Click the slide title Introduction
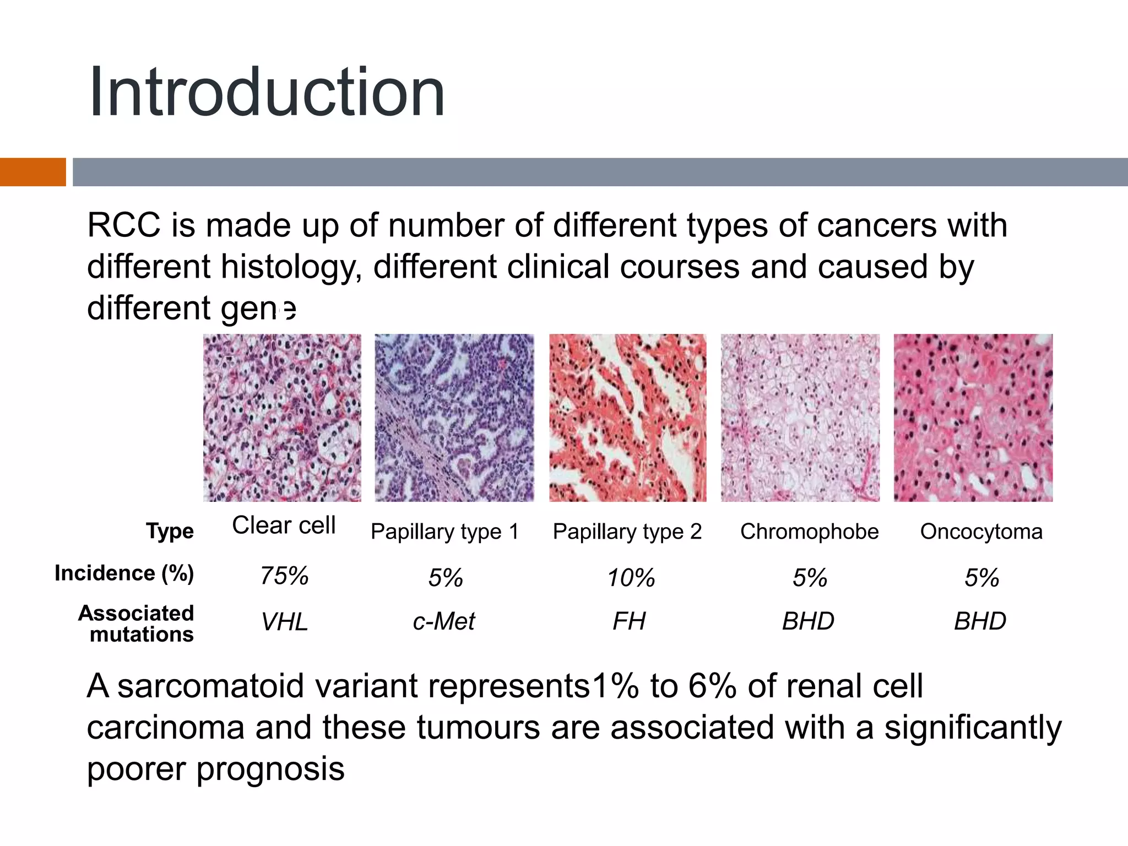[267, 93]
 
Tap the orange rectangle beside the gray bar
[32, 172]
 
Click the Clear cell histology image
[282, 417]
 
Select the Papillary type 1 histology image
[454, 417]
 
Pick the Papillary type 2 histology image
[627, 417]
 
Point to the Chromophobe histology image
[800, 417]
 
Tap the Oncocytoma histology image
[973, 417]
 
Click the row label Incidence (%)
[124, 573]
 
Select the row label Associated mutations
[136, 623]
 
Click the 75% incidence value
[284, 576]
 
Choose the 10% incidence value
[631, 578]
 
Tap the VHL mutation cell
[284, 622]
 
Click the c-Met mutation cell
[444, 621]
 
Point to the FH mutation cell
[629, 621]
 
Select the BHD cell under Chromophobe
[808, 621]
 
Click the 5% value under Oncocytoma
[981, 578]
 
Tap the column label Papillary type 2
[627, 532]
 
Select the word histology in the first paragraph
[291, 267]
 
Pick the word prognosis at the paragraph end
[270, 769]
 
